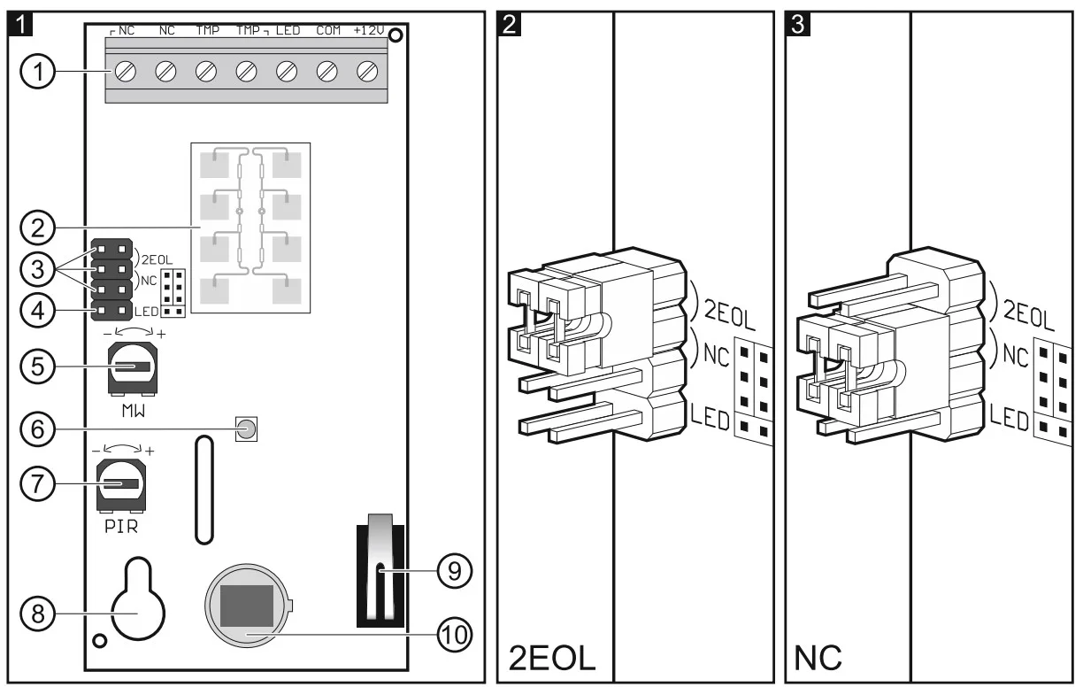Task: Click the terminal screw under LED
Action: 288,71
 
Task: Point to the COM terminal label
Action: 328,31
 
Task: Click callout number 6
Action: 35,429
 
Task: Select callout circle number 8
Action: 35,613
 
